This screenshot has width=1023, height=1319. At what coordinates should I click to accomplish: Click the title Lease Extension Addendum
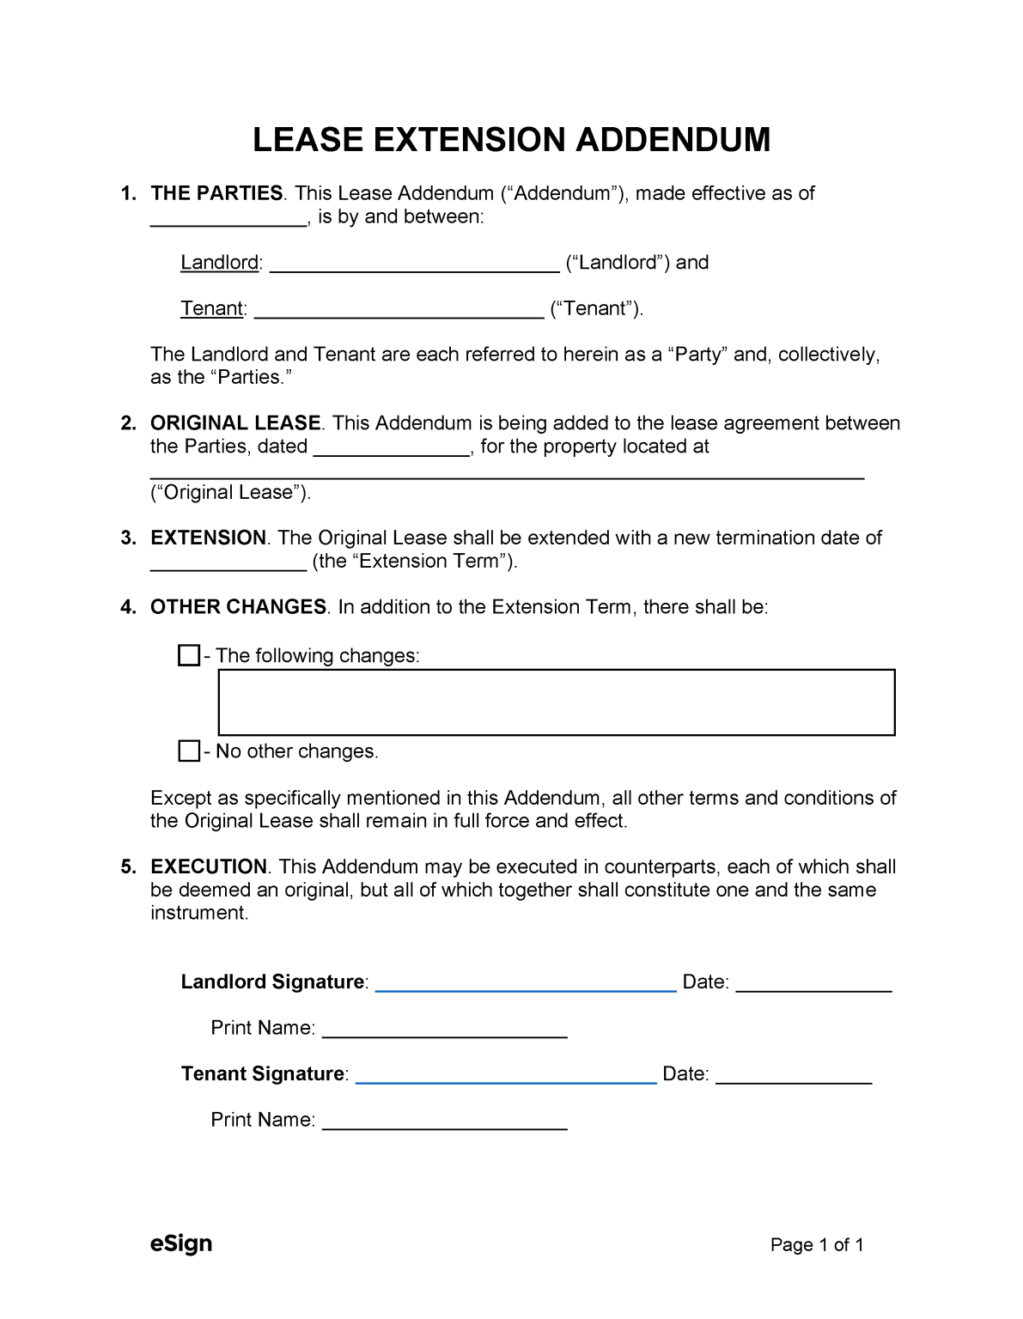[511, 140]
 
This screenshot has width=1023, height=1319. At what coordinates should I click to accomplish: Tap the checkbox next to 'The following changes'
[189, 655]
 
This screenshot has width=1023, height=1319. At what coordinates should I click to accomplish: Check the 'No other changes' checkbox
[189, 751]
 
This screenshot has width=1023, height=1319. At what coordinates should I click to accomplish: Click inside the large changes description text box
[557, 702]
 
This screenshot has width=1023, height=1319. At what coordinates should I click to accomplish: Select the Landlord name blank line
[414, 264]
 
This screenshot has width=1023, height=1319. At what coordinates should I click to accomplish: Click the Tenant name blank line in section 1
[399, 311]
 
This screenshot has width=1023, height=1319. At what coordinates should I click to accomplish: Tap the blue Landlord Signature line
[526, 984]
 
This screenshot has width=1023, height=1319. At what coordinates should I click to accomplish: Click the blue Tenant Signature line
[506, 1076]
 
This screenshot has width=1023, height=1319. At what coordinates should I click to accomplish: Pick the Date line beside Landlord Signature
[813, 984]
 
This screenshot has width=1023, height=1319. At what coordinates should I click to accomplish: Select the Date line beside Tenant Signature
[794, 1076]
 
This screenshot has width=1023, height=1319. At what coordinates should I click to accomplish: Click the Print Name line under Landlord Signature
[444, 1030]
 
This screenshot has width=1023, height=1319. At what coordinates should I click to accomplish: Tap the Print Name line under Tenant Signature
[444, 1122]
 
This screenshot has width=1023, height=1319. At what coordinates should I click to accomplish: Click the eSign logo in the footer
[181, 1243]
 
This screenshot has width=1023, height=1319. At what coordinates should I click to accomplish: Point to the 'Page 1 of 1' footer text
[817, 1245]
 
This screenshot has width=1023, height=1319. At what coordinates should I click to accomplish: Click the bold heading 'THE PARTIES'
[216, 193]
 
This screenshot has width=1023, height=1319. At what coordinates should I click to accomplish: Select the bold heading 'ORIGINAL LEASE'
[235, 423]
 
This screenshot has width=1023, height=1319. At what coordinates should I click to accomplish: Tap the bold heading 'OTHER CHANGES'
[238, 607]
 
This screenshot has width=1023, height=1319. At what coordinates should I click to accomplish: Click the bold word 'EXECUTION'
[209, 866]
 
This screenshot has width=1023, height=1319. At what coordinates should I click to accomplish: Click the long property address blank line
[507, 471]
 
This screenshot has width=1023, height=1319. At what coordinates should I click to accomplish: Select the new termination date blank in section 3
[228, 563]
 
